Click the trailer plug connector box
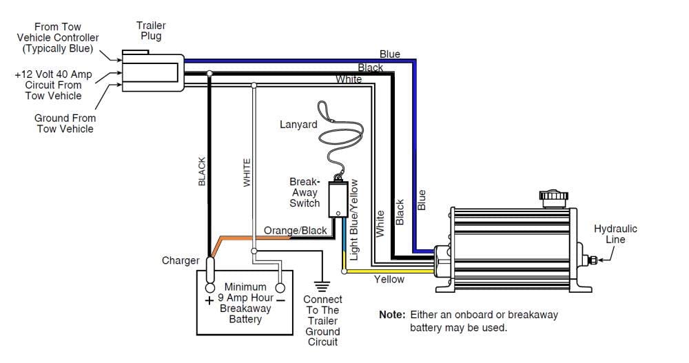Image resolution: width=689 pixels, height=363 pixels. pos(152,72)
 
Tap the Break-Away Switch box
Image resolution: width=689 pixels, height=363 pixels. pos(338,199)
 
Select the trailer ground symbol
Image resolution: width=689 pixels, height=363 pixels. pos(322,286)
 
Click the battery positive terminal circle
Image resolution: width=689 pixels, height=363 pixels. pos(210,289)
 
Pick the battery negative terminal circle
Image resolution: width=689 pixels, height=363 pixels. pos(280,289)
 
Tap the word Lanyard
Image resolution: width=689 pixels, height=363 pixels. pos(298,125)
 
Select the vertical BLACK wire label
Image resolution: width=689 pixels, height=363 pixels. pos(202,172)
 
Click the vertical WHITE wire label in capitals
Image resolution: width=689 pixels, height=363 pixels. pos(247,173)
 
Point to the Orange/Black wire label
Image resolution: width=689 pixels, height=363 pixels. pos(295,230)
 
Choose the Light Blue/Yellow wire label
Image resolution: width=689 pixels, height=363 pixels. pos(353,220)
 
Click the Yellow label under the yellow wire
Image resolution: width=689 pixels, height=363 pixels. pos(389,279)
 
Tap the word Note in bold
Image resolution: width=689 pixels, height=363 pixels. pos(392,315)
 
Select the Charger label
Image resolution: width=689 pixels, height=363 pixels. pos(181,260)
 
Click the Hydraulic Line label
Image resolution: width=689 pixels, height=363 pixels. pos(615,234)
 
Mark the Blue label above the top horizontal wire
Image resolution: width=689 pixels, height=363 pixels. pos(390,54)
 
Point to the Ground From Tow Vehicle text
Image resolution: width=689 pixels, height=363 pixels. pos(65,123)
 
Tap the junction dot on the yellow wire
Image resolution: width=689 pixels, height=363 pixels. pos(344,271)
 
